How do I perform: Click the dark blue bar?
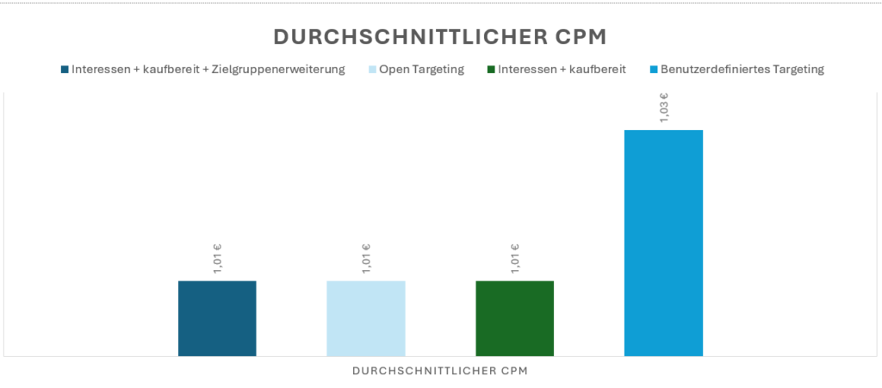(217, 317)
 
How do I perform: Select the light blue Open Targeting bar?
(365, 317)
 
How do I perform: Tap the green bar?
(514, 317)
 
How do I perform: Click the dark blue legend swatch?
(65, 70)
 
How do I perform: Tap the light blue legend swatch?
(372, 70)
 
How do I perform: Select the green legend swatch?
(491, 70)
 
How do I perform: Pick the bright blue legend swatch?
(654, 70)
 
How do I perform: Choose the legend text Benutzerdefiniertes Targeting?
(742, 70)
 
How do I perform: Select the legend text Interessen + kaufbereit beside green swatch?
(562, 70)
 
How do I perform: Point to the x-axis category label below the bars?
(440, 372)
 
